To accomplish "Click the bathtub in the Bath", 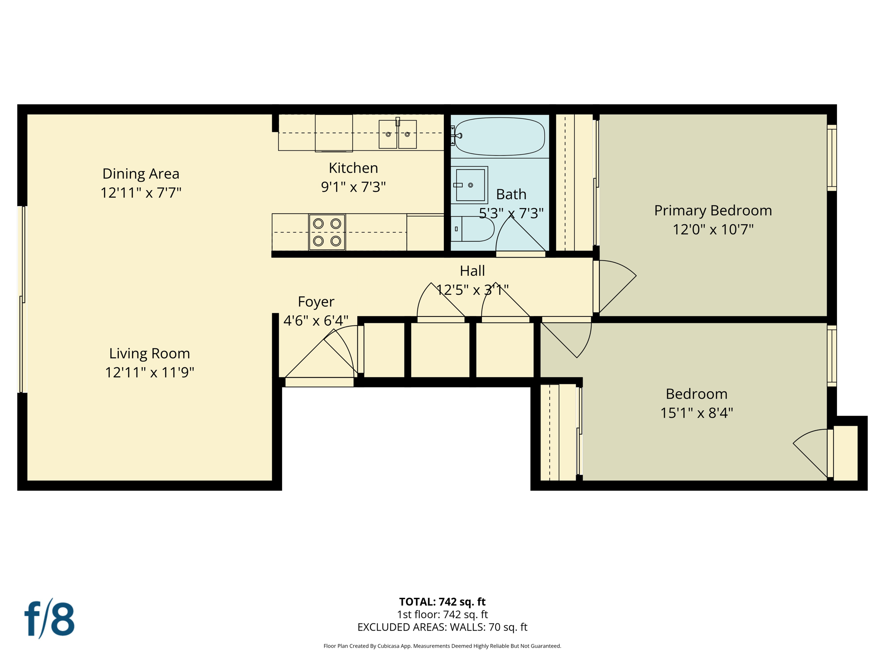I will pos(500,137).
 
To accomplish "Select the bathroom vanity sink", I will pos(470,185).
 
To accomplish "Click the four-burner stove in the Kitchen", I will pos(327,232).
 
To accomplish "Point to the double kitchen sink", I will pos(398,134).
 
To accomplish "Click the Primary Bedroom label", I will pos(713,211).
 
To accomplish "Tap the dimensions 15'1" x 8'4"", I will pos(696,413).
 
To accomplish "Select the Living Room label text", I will pos(149,354).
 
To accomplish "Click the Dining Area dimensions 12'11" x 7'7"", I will pos(140,192).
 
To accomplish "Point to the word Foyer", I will pos(316,302).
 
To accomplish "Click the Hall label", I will pos(472,271).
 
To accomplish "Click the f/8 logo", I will pos(49,619).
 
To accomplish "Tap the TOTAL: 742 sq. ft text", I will pos(442,602).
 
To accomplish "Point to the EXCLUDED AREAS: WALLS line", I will pos(442,627).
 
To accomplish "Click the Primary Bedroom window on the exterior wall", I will pos(831,158).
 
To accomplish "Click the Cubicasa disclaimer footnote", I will pos(442,646).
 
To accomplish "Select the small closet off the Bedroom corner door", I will pos(845,453).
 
